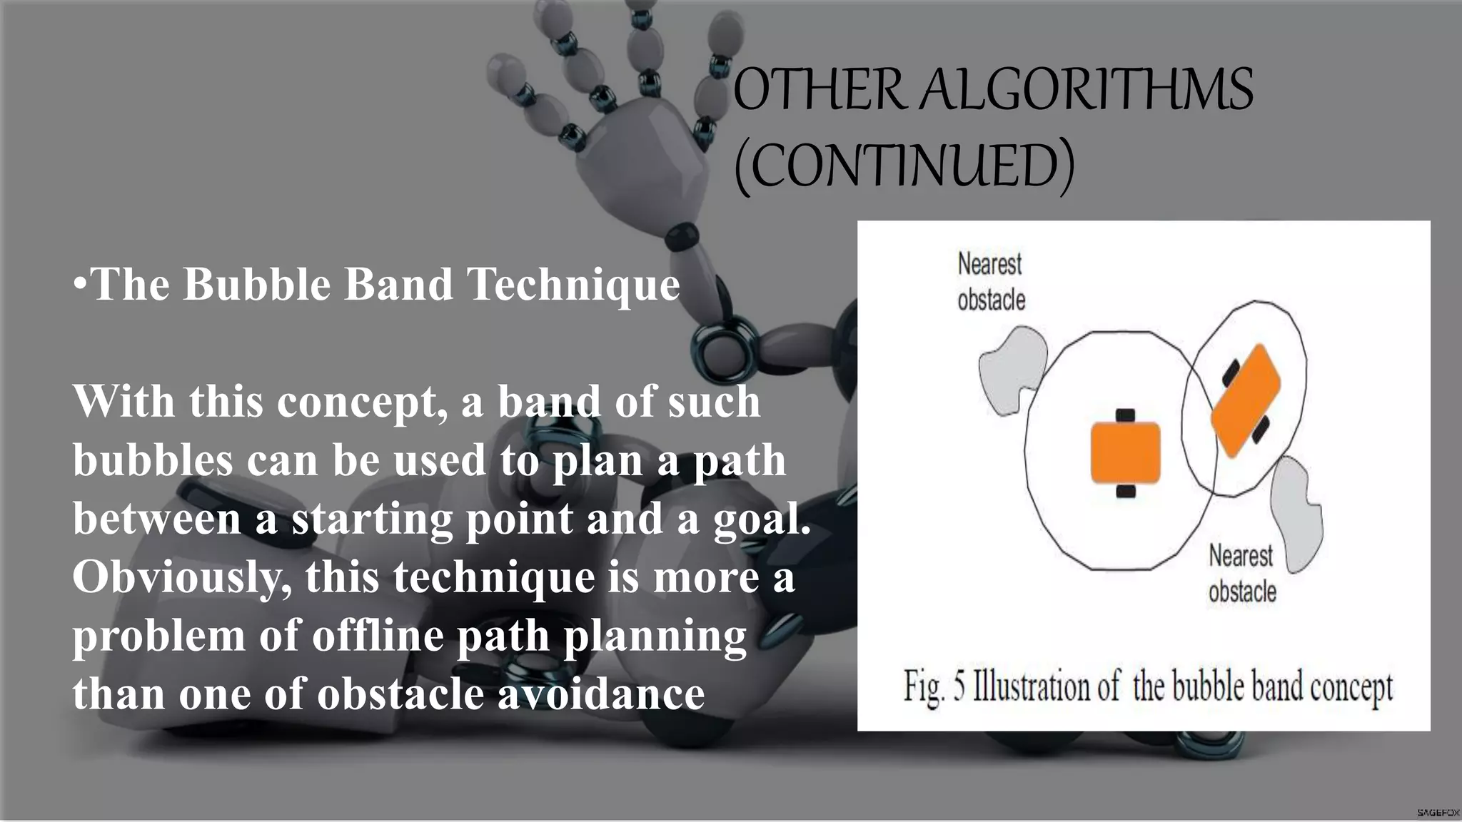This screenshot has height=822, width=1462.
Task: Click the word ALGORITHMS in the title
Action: [1085, 90]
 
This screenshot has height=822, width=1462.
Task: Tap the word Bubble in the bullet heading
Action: [257, 284]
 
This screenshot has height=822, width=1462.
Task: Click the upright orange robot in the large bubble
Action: [1125, 452]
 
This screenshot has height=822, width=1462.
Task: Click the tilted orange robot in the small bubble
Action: [1246, 401]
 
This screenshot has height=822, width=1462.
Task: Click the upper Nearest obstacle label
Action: [990, 282]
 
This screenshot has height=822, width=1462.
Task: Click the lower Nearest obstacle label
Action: [1241, 573]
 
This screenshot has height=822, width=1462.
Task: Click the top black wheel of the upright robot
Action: [1125, 415]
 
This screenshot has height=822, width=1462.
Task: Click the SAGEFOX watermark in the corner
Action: [1438, 813]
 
